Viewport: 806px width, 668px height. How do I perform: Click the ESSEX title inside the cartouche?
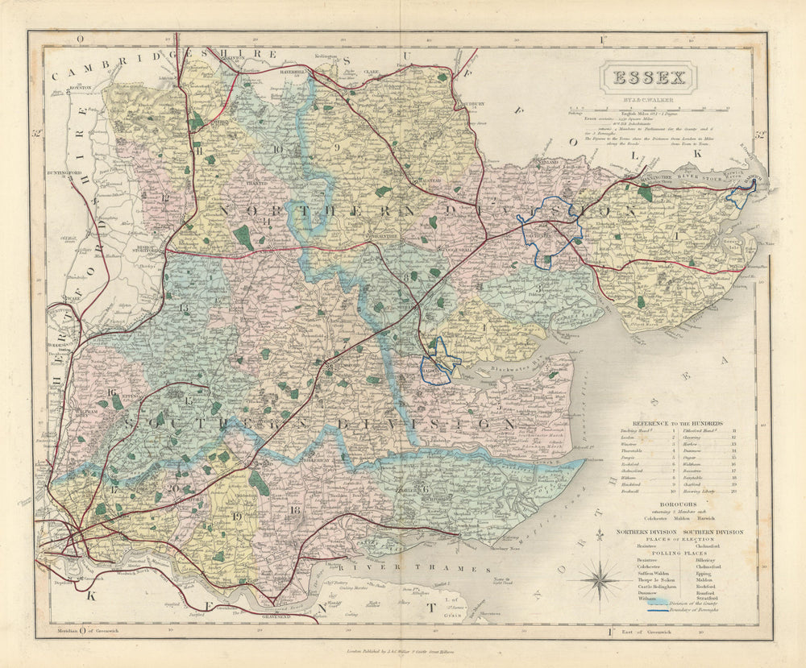(649, 78)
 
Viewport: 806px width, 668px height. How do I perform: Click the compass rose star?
(599, 579)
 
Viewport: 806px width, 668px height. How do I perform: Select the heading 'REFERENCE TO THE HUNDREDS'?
(666, 422)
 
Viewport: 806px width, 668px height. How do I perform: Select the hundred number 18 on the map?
(295, 509)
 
